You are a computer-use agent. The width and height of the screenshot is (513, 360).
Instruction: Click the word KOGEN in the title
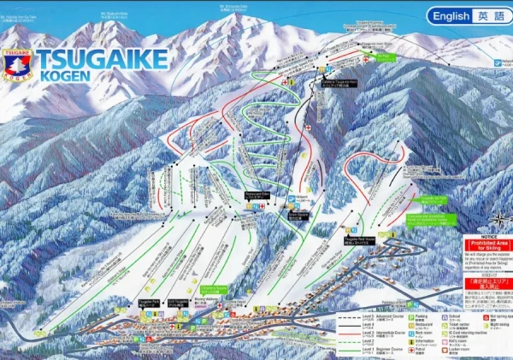click(65, 77)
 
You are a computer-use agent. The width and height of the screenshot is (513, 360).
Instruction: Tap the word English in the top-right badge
click(451, 16)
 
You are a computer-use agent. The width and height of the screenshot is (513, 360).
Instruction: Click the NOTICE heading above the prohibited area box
click(487, 237)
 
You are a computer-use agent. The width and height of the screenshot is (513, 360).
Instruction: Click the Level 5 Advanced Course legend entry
click(369, 318)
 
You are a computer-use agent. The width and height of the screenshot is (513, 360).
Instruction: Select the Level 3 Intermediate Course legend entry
click(369, 334)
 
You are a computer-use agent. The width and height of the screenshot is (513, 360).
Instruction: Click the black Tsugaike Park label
click(149, 302)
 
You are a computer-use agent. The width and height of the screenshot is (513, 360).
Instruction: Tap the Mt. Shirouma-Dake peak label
click(115, 14)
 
